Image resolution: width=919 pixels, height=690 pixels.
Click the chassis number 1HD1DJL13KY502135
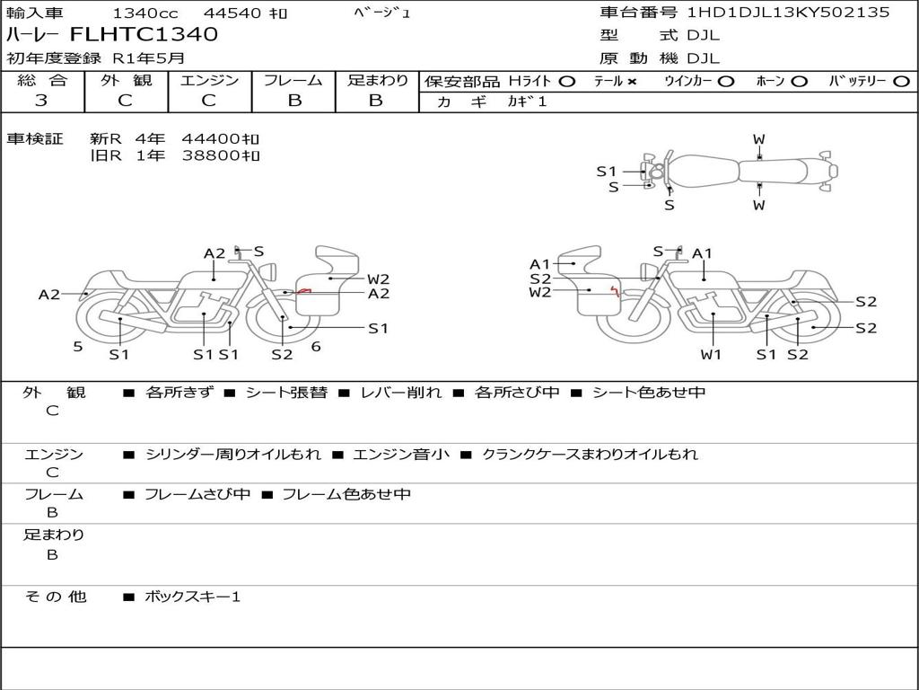[x=788, y=13]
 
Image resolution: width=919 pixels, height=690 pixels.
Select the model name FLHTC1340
[x=144, y=35]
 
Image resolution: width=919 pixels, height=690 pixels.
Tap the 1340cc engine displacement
[x=144, y=13]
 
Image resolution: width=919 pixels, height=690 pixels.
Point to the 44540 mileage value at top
[x=232, y=13]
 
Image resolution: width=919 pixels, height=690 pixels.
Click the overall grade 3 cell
[x=41, y=101]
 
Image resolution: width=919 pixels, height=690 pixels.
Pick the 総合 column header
[x=41, y=81]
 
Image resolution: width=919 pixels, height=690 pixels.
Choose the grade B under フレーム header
[x=294, y=101]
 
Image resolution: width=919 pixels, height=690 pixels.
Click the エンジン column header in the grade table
[x=209, y=81]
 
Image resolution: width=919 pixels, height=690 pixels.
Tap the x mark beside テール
[x=632, y=81]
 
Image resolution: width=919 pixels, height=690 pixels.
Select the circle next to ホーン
[x=800, y=81]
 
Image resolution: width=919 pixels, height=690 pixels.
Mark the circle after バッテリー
[x=902, y=81]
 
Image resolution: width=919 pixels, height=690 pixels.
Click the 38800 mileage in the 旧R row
[x=213, y=155]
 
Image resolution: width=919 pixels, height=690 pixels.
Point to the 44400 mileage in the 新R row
[x=213, y=138]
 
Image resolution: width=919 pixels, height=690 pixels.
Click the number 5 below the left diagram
[x=78, y=346]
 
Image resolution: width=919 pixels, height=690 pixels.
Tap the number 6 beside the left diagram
[x=316, y=346]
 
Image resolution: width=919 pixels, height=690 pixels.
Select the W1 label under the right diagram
[x=712, y=354]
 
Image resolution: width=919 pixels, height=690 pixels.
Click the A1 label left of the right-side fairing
[x=539, y=264]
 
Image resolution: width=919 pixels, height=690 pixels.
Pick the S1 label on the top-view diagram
[x=607, y=171]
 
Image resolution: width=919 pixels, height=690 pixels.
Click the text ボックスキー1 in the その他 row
[x=193, y=597]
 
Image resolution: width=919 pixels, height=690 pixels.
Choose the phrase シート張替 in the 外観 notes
[x=286, y=393]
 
